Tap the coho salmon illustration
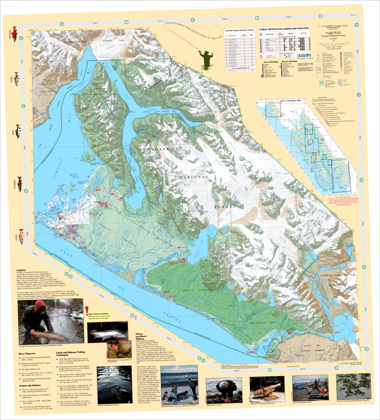[21, 236]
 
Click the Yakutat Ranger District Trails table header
[239, 31]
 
